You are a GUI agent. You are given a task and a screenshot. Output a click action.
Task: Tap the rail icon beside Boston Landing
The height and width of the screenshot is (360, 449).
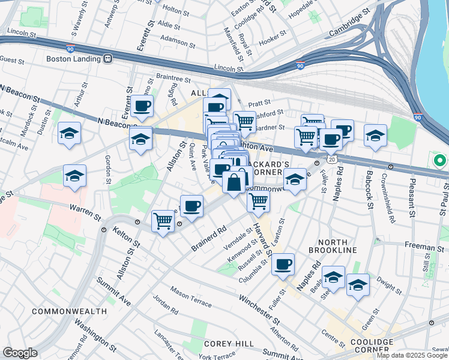(x=109, y=59)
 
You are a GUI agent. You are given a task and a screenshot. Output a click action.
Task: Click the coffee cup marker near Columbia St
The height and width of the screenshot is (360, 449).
(x=283, y=263)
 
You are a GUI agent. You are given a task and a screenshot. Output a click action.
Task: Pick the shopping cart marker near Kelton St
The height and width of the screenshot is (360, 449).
(x=163, y=221)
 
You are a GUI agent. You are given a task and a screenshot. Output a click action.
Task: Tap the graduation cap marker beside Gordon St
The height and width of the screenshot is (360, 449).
(x=74, y=176)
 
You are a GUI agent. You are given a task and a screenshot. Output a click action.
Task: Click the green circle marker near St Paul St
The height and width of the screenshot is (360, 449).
(x=439, y=161)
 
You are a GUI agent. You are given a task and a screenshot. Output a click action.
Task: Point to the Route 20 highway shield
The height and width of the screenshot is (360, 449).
(x=331, y=160)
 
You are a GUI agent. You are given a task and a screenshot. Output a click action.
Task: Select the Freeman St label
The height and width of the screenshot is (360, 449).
(x=424, y=245)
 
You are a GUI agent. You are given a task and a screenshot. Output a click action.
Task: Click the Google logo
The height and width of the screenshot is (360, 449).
(x=20, y=353)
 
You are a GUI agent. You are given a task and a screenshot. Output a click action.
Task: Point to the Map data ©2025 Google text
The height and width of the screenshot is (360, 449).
(x=412, y=355)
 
